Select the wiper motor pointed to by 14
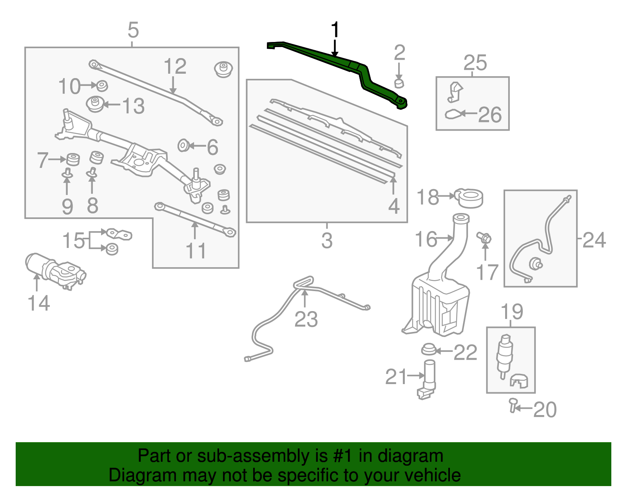55,270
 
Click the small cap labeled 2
399,83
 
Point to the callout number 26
489,115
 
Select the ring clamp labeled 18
469,198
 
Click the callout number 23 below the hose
306,319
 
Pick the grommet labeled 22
429,349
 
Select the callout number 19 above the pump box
512,312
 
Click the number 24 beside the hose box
594,240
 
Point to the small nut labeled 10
102,85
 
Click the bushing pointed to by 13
95,104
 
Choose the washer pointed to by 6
183,146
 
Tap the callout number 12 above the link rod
174,66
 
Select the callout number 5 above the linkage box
133,30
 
